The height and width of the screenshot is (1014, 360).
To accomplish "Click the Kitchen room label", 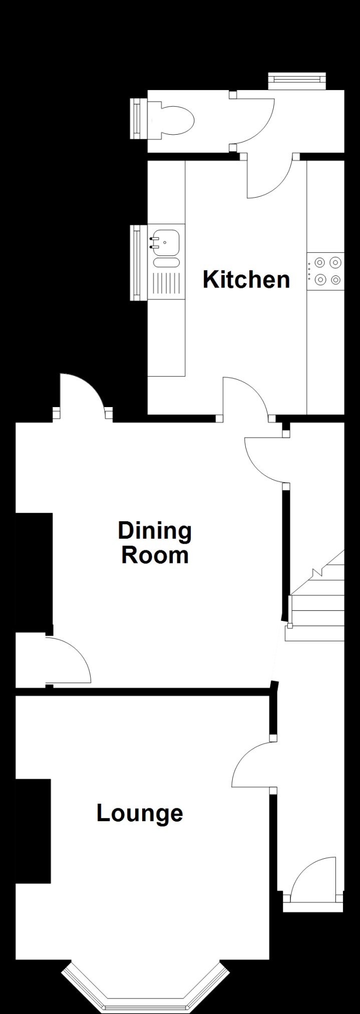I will click(246, 279).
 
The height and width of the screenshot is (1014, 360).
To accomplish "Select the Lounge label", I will click(140, 813).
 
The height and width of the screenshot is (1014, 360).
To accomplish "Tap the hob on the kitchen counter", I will click(326, 271).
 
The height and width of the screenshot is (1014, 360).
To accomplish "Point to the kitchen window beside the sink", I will click(136, 263).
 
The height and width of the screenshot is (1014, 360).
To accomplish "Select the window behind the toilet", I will click(136, 119).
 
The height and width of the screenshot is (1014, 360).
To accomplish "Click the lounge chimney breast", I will click(33, 831).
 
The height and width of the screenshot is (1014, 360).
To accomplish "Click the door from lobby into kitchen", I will click(270, 180).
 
